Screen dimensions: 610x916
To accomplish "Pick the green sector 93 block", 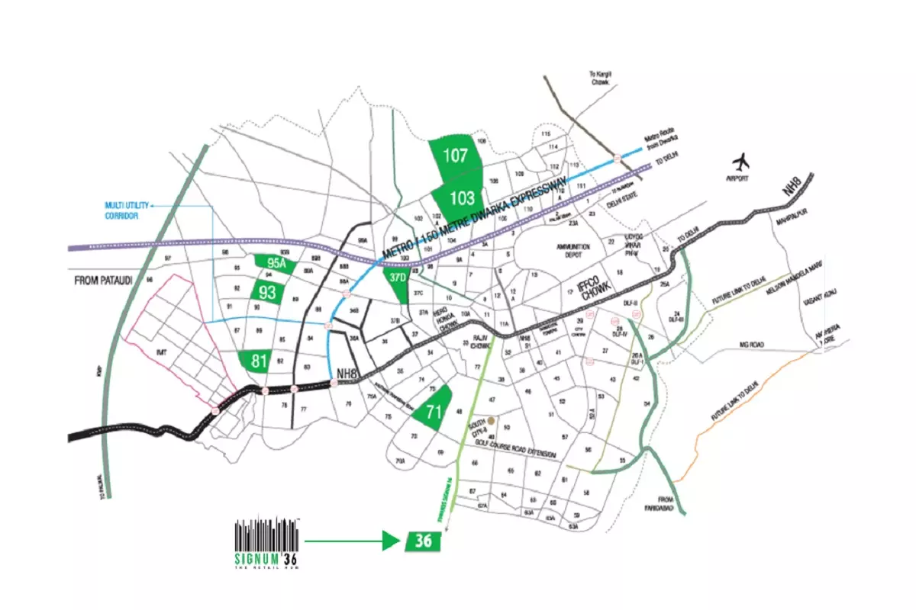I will coord(267,292).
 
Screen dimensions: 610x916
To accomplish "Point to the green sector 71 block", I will coord(433,413).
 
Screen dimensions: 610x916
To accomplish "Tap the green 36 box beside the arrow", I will coord(424,541).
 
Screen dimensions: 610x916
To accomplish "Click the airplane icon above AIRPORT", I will coord(740,162).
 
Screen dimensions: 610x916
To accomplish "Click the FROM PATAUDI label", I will coord(103,281).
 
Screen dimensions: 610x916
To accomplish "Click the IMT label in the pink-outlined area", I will coord(161,352).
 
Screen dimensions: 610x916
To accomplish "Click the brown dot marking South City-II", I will coord(492,420).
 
